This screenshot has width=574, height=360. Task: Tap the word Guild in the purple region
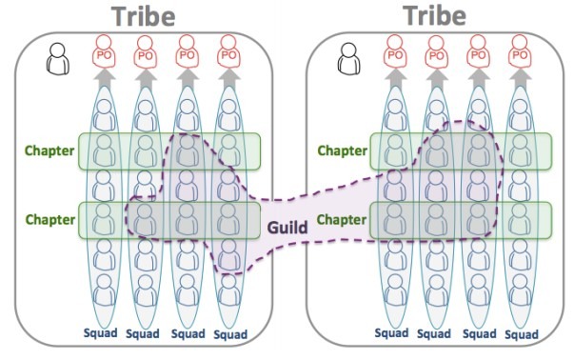click(285, 229)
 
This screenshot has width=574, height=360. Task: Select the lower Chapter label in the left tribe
click(49, 220)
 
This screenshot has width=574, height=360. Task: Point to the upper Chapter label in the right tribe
click(342, 150)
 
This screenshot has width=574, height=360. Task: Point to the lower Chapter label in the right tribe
click(342, 220)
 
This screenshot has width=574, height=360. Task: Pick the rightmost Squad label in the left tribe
click(228, 334)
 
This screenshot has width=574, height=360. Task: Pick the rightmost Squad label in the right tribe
click(521, 334)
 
